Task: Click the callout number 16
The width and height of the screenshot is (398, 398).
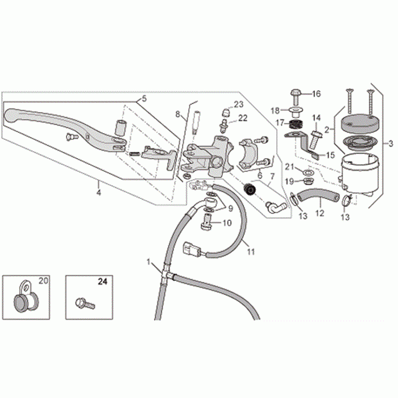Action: coord(316,94)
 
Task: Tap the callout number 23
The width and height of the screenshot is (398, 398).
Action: coord(238,104)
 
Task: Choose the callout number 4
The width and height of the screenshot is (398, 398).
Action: coord(177,114)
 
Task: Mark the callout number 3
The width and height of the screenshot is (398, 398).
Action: coord(391,143)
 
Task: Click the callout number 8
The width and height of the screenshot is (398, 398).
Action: coord(177,114)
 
